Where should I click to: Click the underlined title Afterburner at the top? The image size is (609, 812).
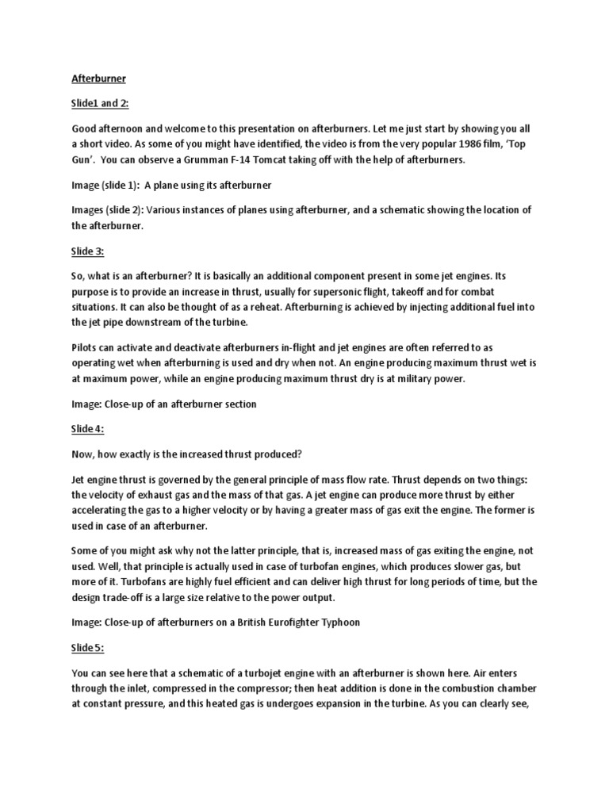(x=99, y=80)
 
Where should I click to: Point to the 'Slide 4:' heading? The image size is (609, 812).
(x=89, y=430)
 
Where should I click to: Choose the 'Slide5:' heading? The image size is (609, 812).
(x=88, y=649)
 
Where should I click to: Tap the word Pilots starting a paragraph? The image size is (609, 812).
(x=87, y=348)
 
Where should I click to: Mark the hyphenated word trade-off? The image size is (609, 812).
(x=136, y=597)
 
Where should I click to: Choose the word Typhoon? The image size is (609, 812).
(x=341, y=622)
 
